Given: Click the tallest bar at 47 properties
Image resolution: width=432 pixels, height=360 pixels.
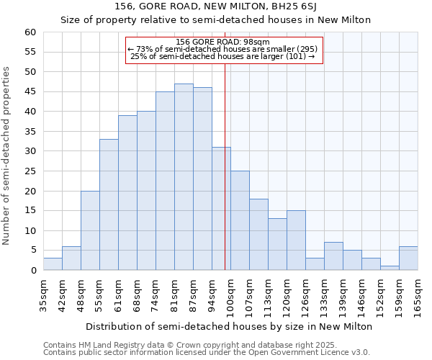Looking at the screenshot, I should pos(184,177).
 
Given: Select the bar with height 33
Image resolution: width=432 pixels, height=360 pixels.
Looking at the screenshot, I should pos(109,204).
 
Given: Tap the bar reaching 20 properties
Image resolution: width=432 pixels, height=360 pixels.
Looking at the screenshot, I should pos(90,230).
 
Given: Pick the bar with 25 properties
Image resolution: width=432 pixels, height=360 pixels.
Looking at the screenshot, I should pos(240,220).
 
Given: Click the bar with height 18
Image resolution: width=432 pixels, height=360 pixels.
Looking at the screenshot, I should pos(258,235).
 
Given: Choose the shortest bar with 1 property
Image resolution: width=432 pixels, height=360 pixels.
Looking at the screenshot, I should pos(390,268).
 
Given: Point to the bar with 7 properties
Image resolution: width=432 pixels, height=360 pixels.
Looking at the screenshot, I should pos(333,256).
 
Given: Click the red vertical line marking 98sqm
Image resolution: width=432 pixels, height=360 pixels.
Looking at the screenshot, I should pos(225,180).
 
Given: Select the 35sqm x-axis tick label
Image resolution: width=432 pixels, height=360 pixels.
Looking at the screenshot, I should pos(44,294).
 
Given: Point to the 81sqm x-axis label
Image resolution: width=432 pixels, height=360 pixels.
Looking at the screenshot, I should pos(175,294).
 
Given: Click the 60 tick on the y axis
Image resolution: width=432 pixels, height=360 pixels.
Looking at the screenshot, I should pos(30,32).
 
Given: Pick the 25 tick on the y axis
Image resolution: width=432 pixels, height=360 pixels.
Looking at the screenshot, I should pos(30,171).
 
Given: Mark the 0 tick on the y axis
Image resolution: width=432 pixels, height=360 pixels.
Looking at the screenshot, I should pos(32,271).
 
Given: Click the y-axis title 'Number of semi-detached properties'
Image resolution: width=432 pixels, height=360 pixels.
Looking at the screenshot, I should pos(7,155).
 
